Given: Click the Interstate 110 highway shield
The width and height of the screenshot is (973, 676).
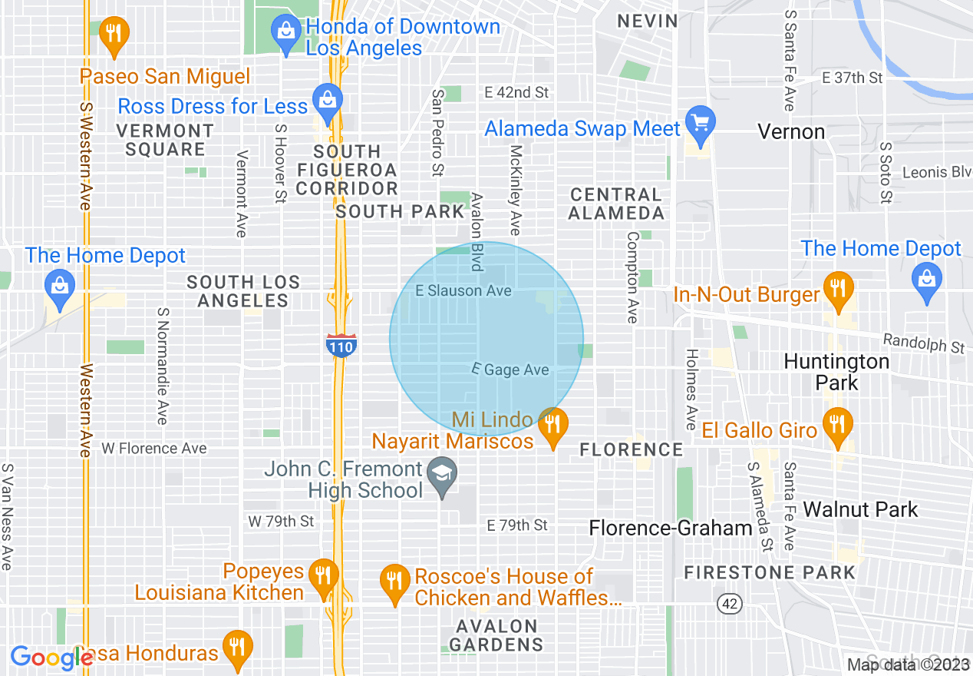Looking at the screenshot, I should click(x=340, y=346).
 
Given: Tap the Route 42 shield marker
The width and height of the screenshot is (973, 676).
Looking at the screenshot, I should click(x=730, y=604).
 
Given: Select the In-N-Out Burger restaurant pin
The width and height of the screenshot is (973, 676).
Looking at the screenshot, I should click(x=837, y=289).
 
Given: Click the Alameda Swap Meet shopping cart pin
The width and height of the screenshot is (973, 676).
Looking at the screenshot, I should click(x=700, y=124).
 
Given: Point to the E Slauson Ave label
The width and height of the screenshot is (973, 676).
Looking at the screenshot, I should click(x=463, y=291).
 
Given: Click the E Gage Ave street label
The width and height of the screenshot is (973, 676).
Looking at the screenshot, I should click(x=511, y=370).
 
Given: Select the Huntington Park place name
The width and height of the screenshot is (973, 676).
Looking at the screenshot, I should click(x=836, y=372).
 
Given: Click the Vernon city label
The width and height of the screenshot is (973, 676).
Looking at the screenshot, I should click(x=791, y=132).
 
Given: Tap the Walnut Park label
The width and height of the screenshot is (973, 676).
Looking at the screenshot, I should click(x=859, y=509).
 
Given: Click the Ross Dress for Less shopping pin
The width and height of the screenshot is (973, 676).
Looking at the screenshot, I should click(x=328, y=101).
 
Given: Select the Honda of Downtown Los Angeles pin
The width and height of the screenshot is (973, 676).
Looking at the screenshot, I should click(x=285, y=32).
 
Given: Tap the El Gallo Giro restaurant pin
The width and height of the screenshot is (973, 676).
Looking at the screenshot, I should click(x=837, y=425).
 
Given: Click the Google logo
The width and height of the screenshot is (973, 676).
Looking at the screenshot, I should click(x=51, y=658).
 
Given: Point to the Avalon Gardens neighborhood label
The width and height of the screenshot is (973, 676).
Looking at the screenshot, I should click(x=496, y=635).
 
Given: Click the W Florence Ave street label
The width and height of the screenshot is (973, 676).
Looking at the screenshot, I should click(x=154, y=448).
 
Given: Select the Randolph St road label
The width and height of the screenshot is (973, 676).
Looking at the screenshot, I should click(x=923, y=343).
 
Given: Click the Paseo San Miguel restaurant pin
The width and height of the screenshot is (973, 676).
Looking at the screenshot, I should click(x=114, y=34).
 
